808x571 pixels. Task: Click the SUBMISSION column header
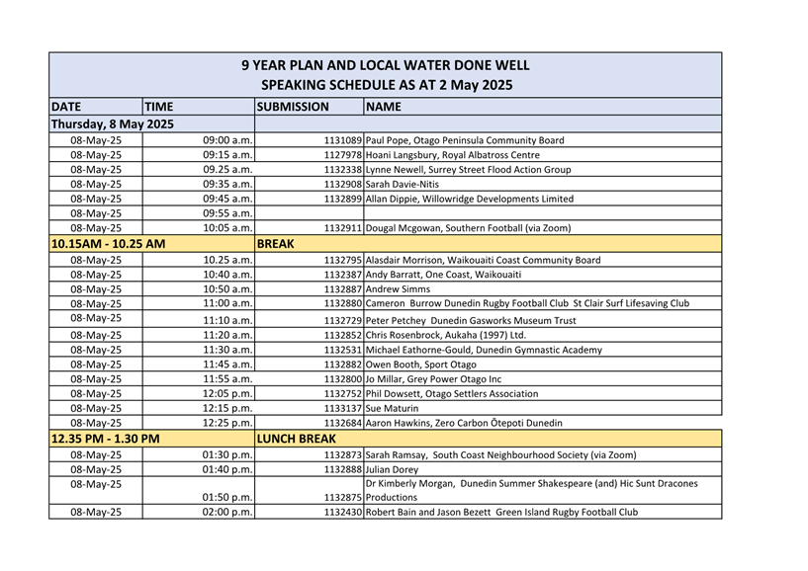coord(293,107)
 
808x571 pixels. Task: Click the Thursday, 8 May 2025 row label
coord(112,124)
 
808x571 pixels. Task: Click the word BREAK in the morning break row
coord(277,243)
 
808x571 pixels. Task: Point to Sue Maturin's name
coord(393,408)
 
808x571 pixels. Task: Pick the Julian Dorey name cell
coord(393,468)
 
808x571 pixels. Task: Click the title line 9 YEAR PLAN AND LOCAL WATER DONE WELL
coord(386,66)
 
